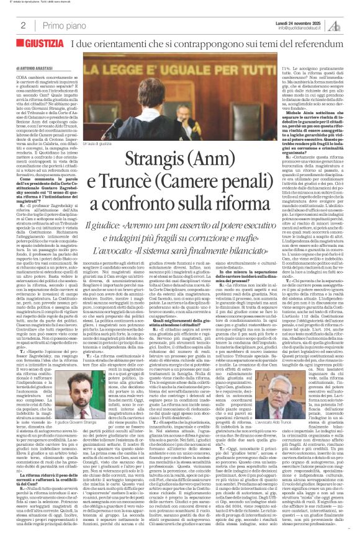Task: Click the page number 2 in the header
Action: (23, 25)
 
